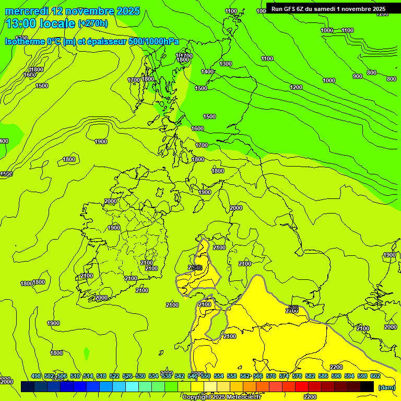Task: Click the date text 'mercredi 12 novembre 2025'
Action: (x=72, y=11)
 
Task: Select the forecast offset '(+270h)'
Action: (x=93, y=23)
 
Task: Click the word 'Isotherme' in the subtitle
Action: (x=25, y=41)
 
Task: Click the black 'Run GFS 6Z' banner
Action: (x=328, y=8)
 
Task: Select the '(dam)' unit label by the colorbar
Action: (x=386, y=387)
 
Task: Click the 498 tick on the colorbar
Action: (x=36, y=376)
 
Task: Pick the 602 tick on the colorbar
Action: (x=375, y=376)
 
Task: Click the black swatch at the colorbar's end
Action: (x=367, y=386)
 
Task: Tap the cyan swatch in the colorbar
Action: (x=132, y=386)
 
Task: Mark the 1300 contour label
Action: (x=226, y=64)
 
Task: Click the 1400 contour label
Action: (x=207, y=72)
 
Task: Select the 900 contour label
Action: (x=357, y=76)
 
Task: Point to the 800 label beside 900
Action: (x=371, y=73)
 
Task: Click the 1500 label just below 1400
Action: (x=201, y=88)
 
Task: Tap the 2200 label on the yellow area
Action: (x=336, y=367)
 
